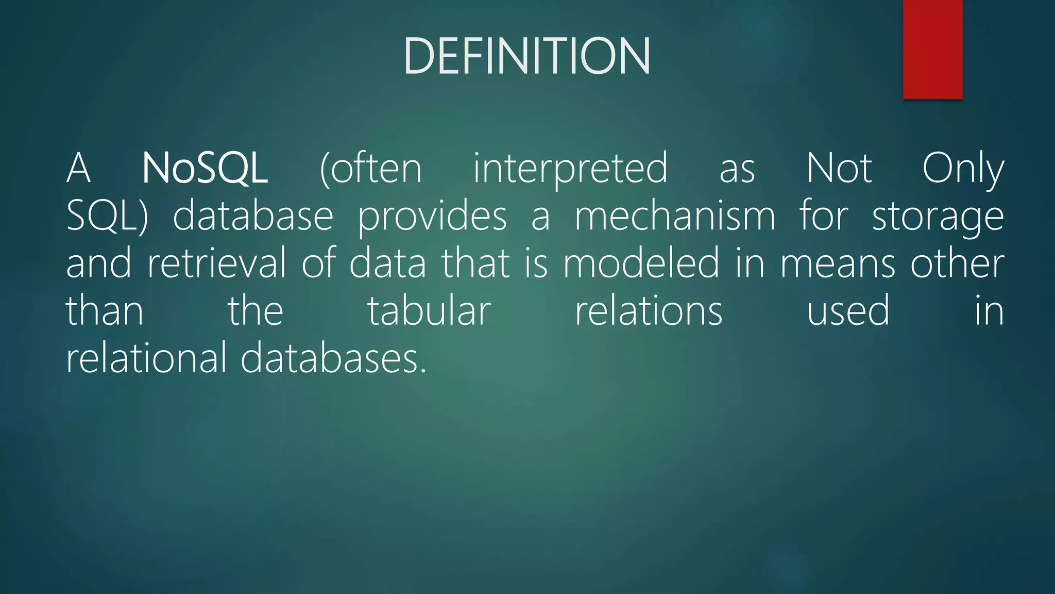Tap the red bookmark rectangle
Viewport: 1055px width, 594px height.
[x=932, y=49]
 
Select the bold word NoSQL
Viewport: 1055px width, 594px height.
[x=205, y=168]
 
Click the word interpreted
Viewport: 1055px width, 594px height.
[x=570, y=169]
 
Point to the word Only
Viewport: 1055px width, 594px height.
[x=963, y=169]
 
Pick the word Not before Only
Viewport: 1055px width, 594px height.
[x=839, y=168]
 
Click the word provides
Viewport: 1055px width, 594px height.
[x=432, y=217]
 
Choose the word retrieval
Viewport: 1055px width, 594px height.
[x=216, y=263]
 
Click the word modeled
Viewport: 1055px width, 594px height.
[x=641, y=263]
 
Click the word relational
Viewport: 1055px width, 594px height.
[x=146, y=358]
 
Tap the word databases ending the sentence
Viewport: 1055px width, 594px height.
[x=333, y=358]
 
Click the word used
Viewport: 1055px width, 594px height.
[x=848, y=311]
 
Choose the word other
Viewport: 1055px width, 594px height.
[x=957, y=263]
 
